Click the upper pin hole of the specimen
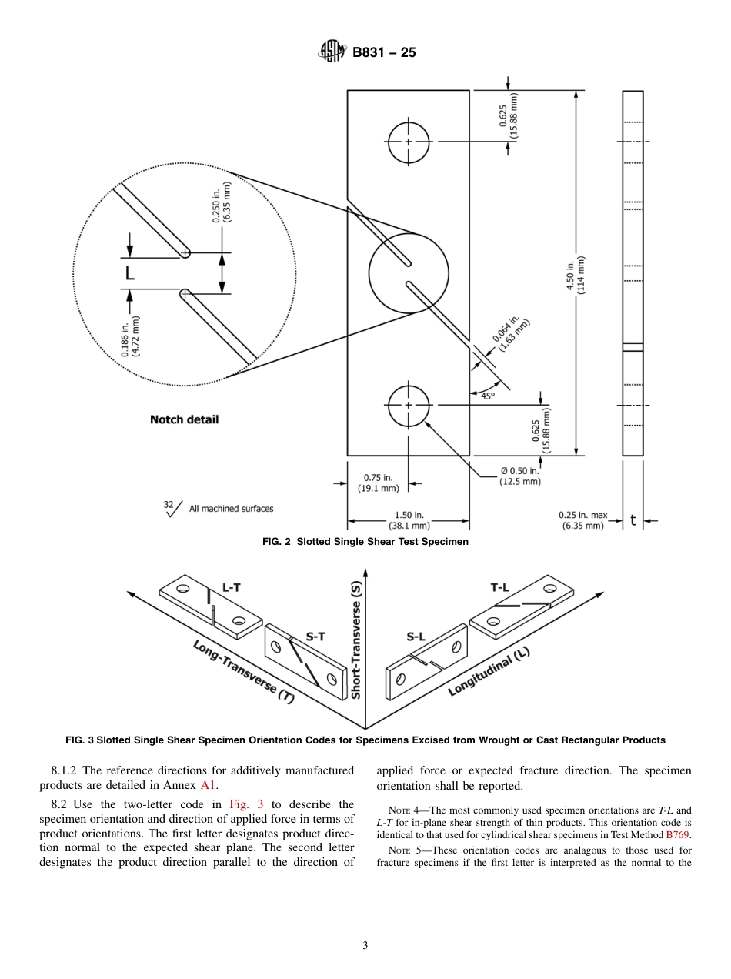point(409,142)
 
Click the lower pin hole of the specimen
point(409,405)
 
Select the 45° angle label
point(488,396)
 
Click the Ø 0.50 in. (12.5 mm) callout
point(515,476)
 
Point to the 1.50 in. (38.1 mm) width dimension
point(409,520)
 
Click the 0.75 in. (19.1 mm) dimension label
point(378,483)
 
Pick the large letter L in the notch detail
point(129,272)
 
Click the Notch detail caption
point(184,419)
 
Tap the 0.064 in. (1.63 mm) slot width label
point(511,332)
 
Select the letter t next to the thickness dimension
point(633,520)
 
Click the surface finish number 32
point(169,505)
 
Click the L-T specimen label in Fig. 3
point(231,587)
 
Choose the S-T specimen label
point(315,636)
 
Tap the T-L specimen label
point(499,587)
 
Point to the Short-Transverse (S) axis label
point(355,640)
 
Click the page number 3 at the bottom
point(365,945)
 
